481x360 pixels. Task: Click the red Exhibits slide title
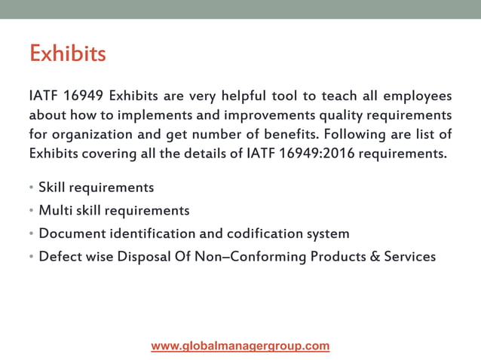(67, 54)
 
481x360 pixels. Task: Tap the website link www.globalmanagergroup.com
(240, 346)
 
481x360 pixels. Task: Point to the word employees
(418, 96)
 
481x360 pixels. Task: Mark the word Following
(358, 136)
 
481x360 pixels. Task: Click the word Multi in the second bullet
(54, 210)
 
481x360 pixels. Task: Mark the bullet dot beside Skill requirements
(32, 188)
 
